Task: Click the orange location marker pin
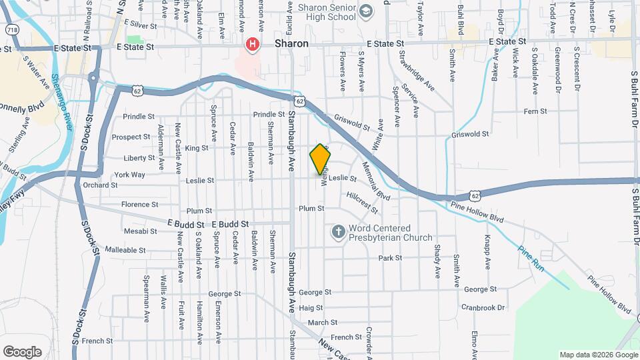pos(320,159)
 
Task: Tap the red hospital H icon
pos(253,45)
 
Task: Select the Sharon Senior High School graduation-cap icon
pos(365,11)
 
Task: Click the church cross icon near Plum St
pos(338,232)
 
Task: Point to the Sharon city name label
pos(291,44)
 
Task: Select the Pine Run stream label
pos(531,259)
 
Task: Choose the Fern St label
pos(535,111)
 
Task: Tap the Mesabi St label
pos(140,231)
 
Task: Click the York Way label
pos(129,175)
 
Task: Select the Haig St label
pos(310,308)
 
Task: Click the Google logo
pos(22,352)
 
